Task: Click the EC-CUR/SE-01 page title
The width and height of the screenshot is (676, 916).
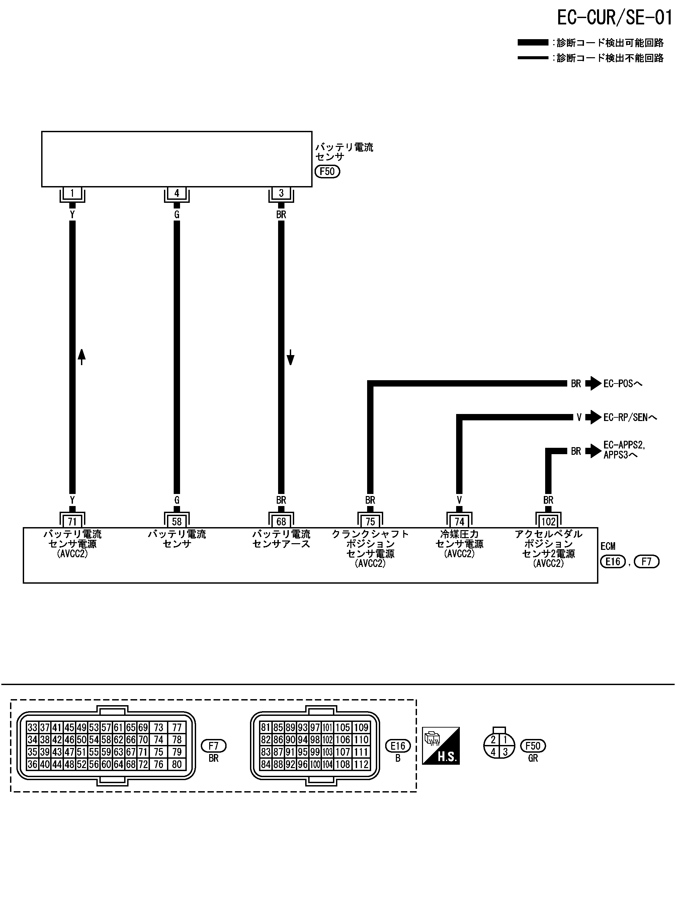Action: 614,18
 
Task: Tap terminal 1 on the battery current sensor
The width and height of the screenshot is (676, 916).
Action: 72,193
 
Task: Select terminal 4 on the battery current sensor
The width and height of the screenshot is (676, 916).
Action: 177,193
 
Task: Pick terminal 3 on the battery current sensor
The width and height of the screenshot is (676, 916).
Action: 281,193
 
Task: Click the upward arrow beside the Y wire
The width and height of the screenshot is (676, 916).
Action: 82,357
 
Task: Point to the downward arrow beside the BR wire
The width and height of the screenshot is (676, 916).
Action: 290,357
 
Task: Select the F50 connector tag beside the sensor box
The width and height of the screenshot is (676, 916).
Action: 327,171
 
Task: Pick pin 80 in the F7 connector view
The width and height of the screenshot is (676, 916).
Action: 177,764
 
